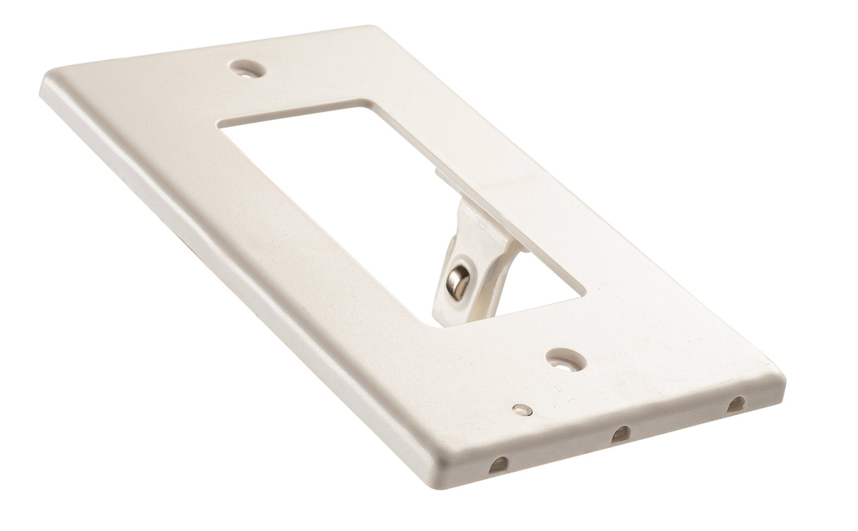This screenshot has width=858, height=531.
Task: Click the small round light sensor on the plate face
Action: pyautogui.click(x=521, y=409)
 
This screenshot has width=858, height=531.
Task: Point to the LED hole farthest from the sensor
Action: pyautogui.click(x=735, y=405)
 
